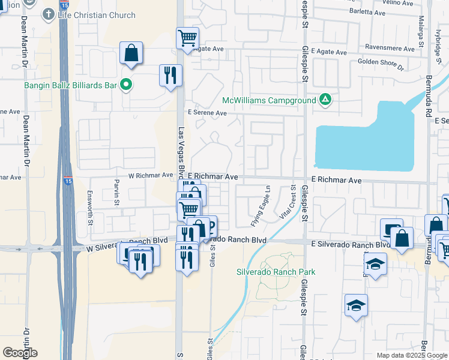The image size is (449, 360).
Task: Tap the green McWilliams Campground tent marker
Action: click(x=325, y=100)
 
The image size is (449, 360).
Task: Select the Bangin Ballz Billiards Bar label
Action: click(x=70, y=85)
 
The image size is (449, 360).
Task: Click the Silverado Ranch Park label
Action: click(x=276, y=272)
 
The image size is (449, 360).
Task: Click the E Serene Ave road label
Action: click(x=207, y=113)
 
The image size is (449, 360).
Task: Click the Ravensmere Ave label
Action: click(x=390, y=49)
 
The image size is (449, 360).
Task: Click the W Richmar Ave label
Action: click(x=151, y=176)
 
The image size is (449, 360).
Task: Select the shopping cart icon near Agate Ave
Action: click(x=188, y=38)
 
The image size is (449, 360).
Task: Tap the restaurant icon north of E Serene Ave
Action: click(x=170, y=75)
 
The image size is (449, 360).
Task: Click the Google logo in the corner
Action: click(x=20, y=353)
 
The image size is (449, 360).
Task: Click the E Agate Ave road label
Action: click(x=328, y=52)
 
